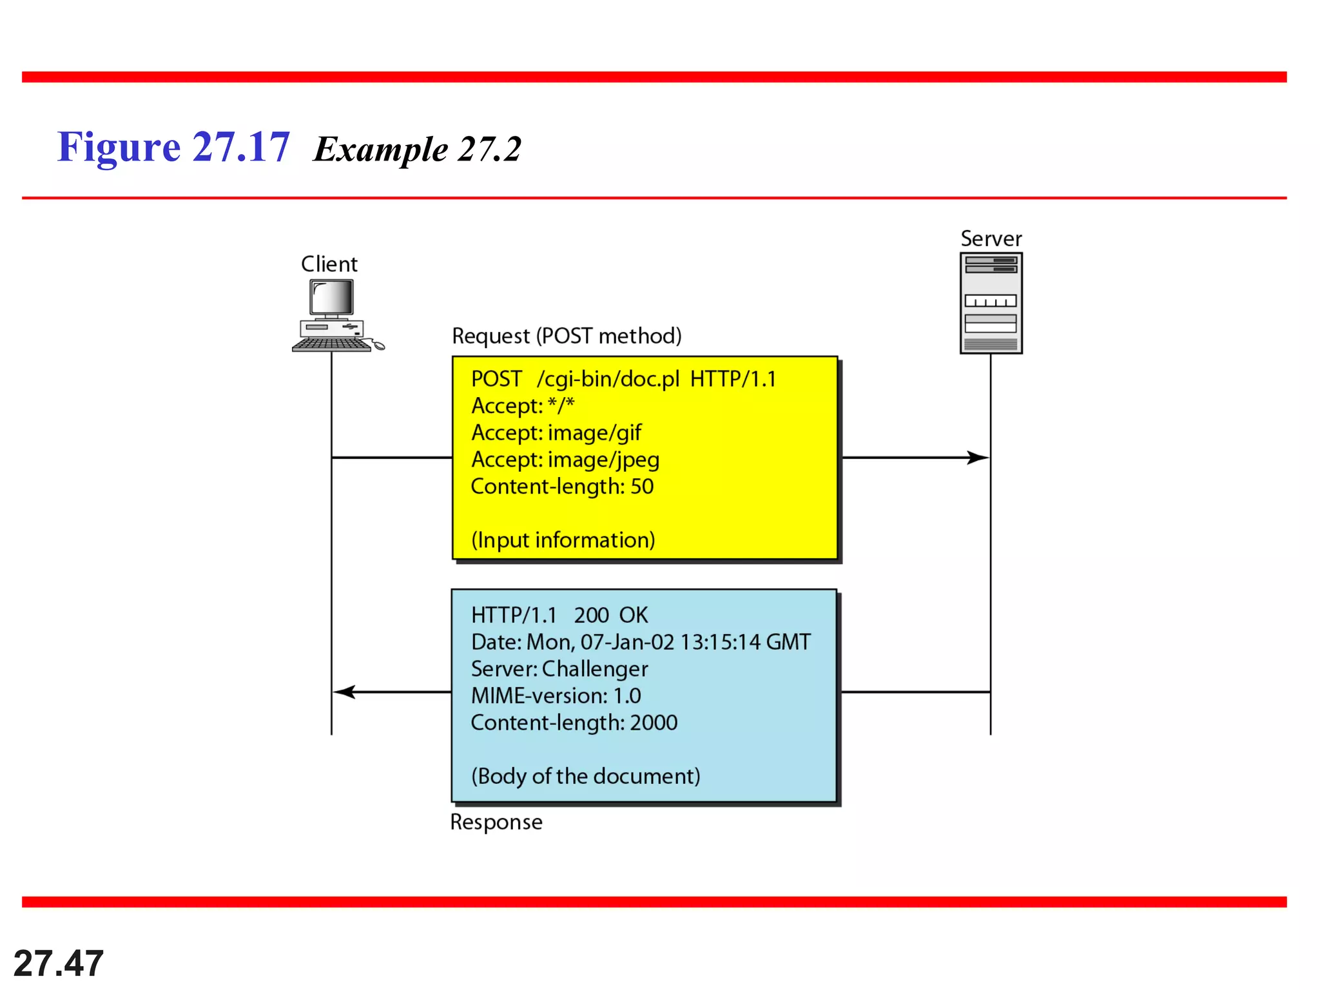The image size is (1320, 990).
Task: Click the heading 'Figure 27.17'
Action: coord(173,147)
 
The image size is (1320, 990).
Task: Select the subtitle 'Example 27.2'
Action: coord(417,150)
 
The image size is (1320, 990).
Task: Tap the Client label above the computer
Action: coord(329,264)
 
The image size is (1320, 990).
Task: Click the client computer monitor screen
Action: coord(331,298)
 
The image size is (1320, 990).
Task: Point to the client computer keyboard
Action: coord(331,345)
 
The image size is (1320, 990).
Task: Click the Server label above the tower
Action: coord(991,239)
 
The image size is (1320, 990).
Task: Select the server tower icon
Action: coord(991,303)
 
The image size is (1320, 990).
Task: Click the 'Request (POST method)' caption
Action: coord(567,336)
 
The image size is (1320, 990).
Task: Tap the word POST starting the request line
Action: coord(496,379)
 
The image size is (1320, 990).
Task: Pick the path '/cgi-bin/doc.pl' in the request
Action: coord(608,379)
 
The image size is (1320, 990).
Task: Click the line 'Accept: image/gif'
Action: coord(556,432)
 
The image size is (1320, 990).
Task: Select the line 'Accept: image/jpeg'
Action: coord(565,460)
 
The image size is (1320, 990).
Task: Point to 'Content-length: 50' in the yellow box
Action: coord(562,487)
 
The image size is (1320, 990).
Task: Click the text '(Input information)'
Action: coord(563,540)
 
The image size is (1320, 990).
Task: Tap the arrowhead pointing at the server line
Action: coord(978,458)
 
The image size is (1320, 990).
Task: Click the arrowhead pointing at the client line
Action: coord(344,692)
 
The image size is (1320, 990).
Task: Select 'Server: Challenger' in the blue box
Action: coord(559,669)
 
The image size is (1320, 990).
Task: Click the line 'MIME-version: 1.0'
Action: coord(556,696)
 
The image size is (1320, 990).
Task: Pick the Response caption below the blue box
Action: coord(496,822)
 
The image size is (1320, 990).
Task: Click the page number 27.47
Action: coord(59,964)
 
